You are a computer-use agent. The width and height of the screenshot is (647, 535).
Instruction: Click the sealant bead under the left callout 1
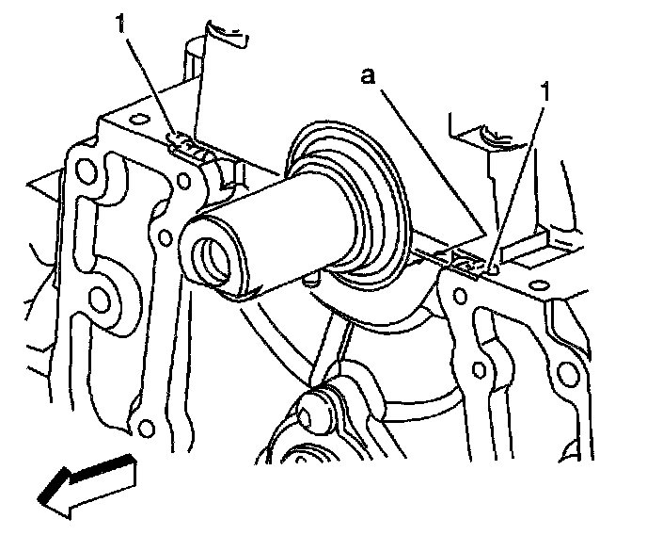point(186,146)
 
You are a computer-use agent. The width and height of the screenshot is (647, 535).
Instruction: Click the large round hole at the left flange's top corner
point(87,171)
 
